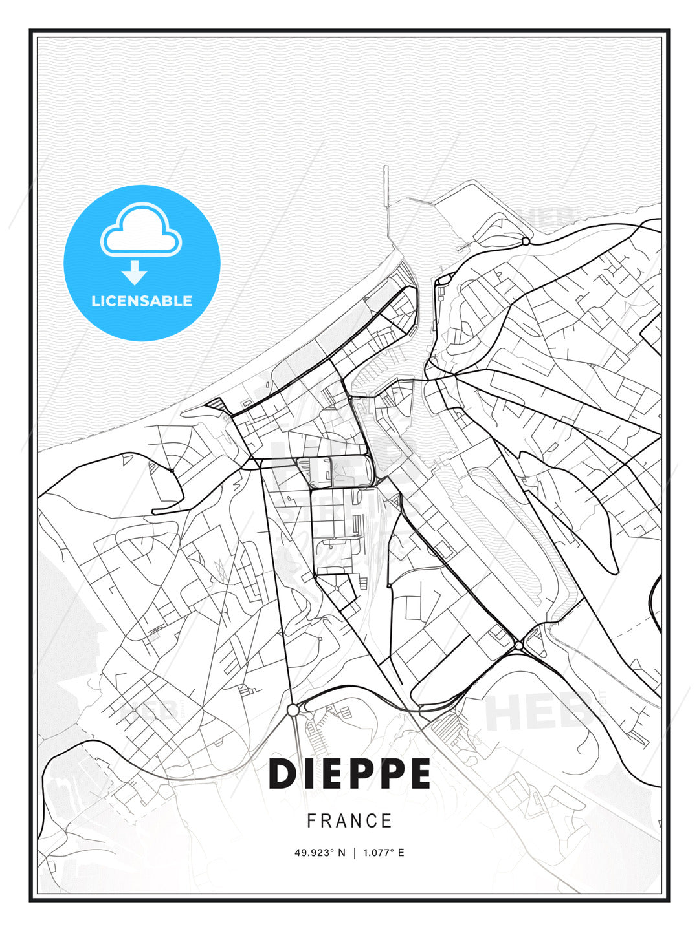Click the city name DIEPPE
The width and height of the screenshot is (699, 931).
(349, 774)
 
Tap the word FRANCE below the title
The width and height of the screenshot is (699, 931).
(349, 821)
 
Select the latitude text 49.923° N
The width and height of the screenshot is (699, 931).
(320, 853)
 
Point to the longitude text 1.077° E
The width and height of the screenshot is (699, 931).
(383, 853)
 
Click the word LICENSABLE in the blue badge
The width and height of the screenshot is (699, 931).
(142, 301)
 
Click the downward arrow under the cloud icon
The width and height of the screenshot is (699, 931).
(135, 273)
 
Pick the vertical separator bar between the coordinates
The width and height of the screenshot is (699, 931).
(354, 853)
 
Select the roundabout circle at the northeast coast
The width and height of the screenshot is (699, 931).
(526, 241)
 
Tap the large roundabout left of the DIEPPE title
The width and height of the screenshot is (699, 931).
(293, 711)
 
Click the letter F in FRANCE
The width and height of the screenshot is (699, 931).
(311, 821)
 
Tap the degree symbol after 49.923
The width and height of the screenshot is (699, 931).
(333, 850)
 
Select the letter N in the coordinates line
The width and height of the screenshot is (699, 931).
(341, 853)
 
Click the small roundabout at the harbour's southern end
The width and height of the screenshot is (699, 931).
(519, 645)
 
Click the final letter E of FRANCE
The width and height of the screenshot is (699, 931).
(387, 821)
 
